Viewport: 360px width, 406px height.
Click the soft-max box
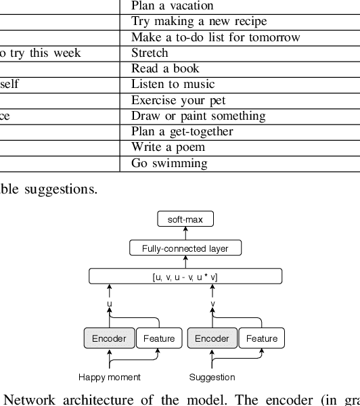pos(185,219)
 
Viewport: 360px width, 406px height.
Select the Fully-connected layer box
pos(185,248)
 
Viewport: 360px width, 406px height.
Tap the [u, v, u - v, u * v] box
pos(185,277)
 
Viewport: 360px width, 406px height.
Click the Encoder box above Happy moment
pos(109,338)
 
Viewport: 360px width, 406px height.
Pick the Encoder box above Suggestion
pos(212,338)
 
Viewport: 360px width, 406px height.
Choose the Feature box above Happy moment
pos(159,338)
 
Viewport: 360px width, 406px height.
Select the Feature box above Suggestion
pos(261,338)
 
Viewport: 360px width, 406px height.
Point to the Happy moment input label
pos(110,378)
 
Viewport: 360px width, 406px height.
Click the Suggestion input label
pos(212,378)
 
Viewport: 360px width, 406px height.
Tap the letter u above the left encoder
pos(110,304)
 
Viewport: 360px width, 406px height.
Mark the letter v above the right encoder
pos(212,304)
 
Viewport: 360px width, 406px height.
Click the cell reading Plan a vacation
pos(172,6)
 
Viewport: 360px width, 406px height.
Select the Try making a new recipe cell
pos(199,22)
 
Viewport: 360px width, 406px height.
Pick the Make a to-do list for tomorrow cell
pos(215,37)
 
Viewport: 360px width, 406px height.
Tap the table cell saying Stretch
pos(150,53)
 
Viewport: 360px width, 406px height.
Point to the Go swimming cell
pos(169,163)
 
